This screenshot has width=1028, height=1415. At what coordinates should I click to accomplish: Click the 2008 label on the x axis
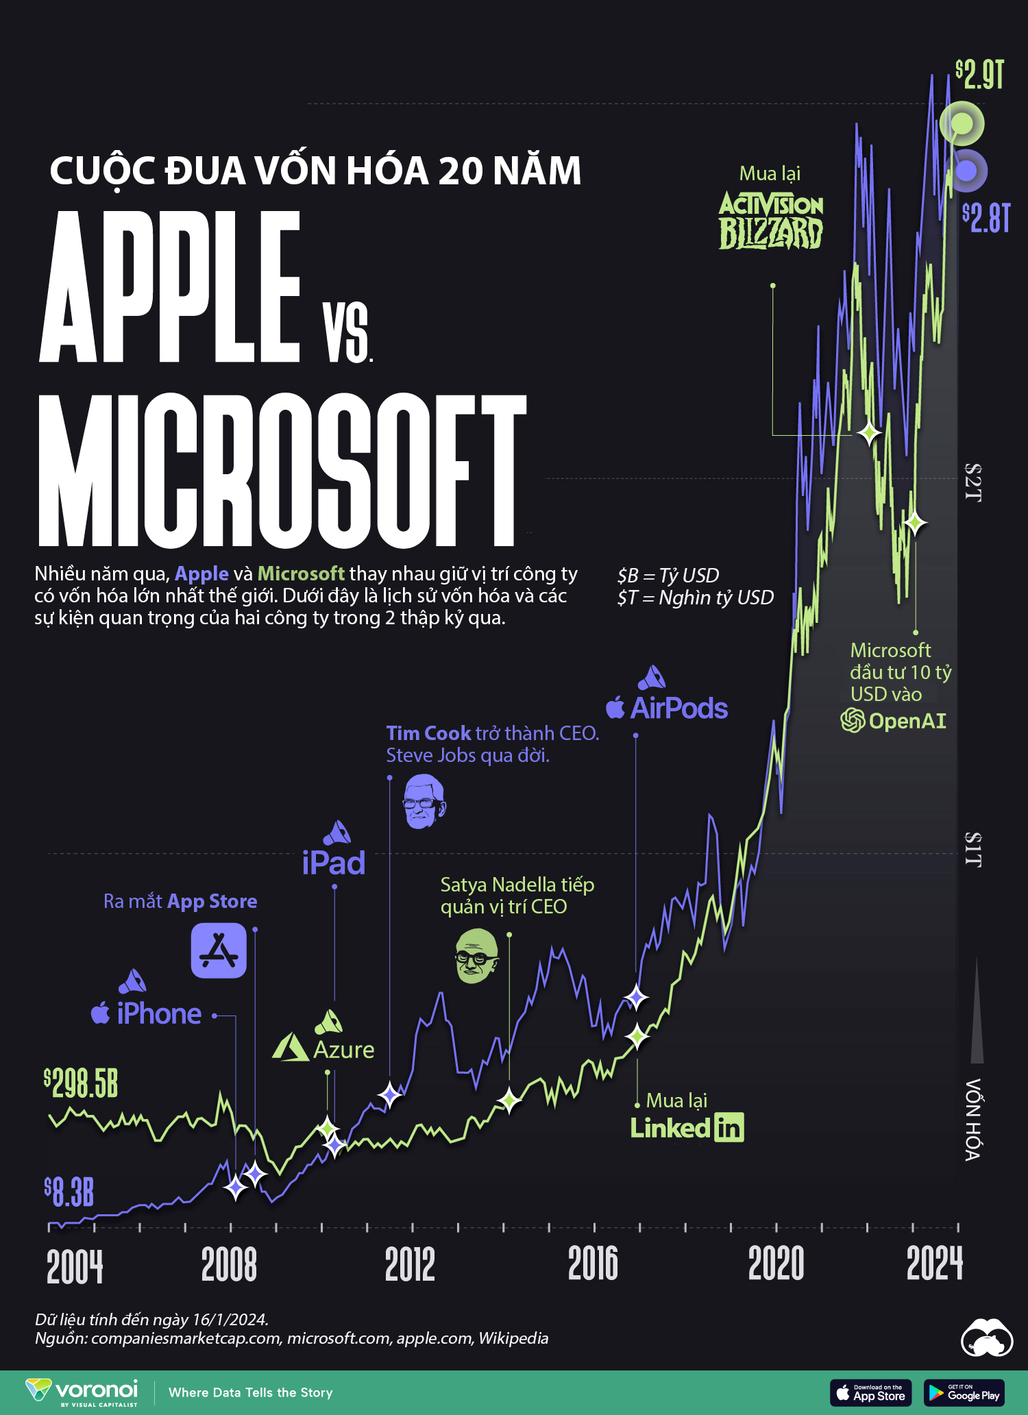[229, 1264]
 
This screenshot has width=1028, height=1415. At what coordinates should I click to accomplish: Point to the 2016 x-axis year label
[593, 1264]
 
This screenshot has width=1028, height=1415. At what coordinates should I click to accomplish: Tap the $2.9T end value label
[980, 75]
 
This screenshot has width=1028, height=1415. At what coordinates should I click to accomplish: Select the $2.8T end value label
[986, 218]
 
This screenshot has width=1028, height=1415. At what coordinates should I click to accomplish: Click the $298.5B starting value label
[81, 1083]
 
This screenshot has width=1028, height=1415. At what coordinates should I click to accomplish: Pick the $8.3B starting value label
[69, 1192]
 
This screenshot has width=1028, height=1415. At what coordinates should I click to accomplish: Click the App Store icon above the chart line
[219, 950]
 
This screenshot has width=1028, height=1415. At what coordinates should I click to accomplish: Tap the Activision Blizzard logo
[771, 220]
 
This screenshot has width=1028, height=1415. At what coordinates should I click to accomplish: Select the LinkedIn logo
[687, 1128]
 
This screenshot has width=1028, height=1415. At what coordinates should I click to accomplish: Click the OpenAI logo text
[894, 721]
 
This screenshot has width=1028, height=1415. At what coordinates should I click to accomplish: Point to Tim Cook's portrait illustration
[424, 802]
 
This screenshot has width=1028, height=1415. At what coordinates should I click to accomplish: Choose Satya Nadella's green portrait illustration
[477, 956]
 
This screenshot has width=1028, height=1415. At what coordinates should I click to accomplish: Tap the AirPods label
[667, 708]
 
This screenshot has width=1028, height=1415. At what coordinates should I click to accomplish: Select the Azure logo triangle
[290, 1048]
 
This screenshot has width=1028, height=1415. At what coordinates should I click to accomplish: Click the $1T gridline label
[973, 850]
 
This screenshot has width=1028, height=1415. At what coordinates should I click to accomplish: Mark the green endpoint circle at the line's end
[962, 124]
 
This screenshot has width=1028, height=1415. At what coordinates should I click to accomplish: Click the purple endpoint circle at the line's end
[966, 171]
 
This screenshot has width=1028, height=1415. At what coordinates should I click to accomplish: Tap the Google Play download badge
[964, 1392]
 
